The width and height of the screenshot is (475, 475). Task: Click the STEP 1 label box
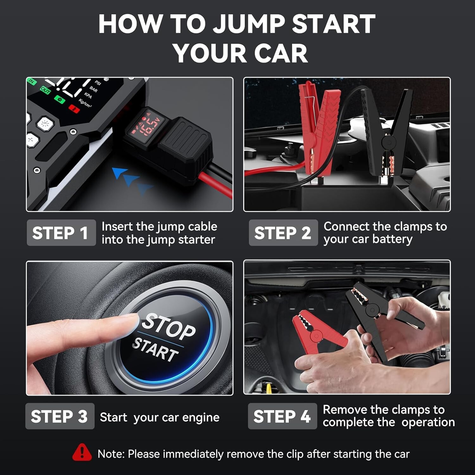pos(61,232)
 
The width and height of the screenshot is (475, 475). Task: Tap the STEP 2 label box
pos(283,232)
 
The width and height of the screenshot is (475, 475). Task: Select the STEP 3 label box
pos(60,416)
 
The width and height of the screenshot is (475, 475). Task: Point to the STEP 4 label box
pos(282,416)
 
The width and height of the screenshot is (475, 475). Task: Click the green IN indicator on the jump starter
pos(32,81)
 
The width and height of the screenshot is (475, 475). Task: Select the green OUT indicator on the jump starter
pos(45,91)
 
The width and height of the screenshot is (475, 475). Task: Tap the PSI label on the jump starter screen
pos(98,83)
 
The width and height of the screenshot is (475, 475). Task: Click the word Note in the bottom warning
pos(111,454)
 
